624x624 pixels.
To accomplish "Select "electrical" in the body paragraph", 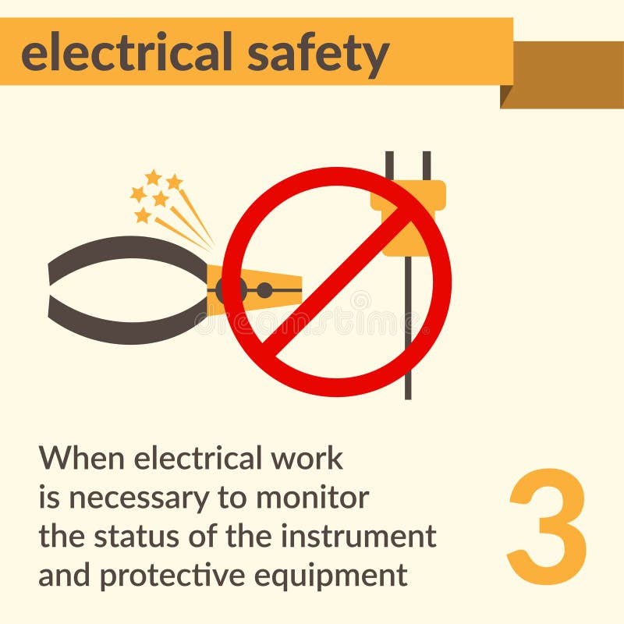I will [x=198, y=458].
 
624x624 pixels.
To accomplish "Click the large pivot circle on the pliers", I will [x=232, y=291].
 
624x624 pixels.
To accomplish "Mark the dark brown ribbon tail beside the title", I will [x=569, y=74].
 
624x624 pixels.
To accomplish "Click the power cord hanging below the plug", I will [x=408, y=367].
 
